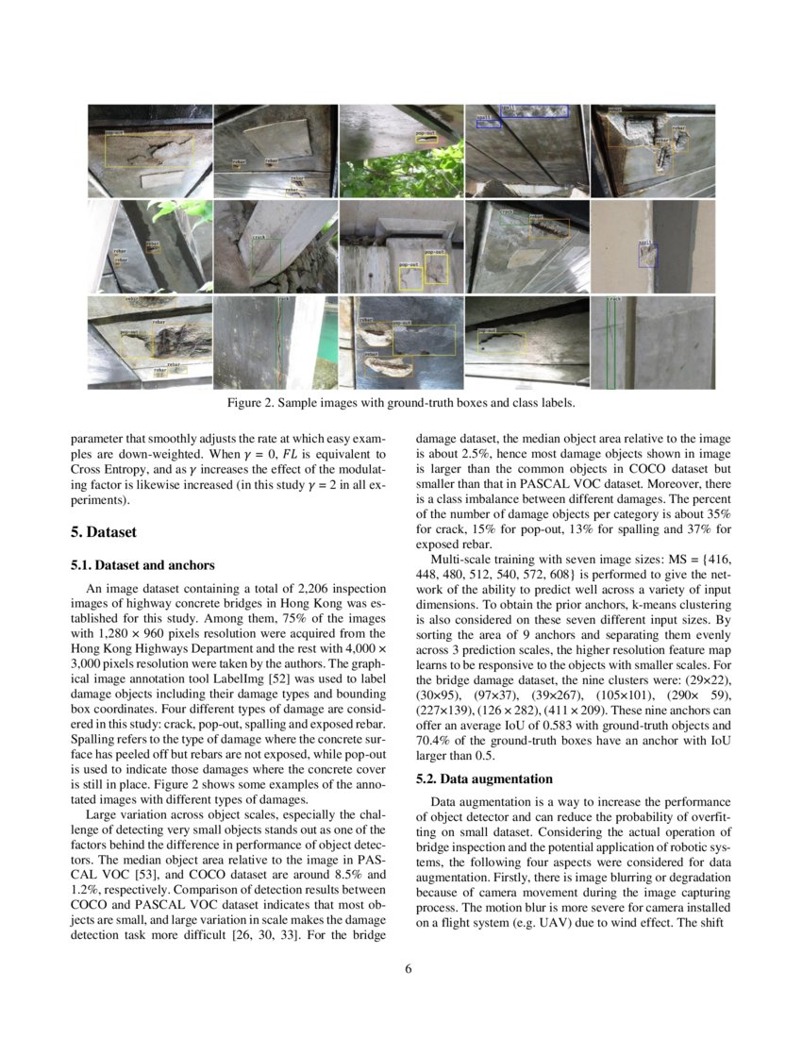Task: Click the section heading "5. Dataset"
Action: click(104, 532)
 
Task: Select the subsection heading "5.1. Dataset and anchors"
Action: click(142, 565)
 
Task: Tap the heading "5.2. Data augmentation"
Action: click(484, 779)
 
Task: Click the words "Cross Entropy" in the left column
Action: click(108, 469)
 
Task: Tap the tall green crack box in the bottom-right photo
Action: click(610, 343)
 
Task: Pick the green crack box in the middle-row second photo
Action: click(266, 256)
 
